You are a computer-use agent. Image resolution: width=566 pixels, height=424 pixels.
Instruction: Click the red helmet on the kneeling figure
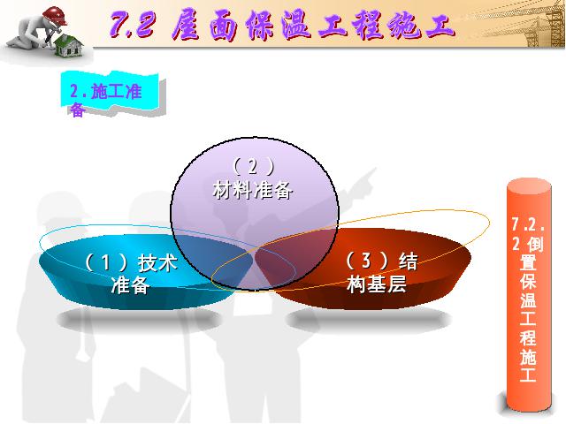[x=55, y=16]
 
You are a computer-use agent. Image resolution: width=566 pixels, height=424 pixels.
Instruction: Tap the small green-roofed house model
[x=69, y=45]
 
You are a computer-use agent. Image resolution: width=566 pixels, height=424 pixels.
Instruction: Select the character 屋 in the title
[x=186, y=25]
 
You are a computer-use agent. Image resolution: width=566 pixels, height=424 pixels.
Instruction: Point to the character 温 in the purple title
[x=296, y=25]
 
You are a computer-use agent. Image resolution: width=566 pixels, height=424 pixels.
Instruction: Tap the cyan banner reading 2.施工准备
[x=110, y=95]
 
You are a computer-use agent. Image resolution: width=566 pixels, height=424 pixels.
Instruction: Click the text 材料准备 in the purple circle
[x=252, y=190]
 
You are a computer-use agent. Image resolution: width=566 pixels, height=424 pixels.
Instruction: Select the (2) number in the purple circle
[x=253, y=166]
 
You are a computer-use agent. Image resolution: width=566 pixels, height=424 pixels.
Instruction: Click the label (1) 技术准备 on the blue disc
[x=131, y=273]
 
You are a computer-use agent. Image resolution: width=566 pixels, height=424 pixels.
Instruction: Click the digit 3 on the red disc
[x=366, y=261]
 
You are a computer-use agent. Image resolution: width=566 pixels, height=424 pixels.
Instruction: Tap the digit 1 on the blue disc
[x=105, y=262]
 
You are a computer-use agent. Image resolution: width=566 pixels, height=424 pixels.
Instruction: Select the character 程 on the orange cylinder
[x=528, y=337]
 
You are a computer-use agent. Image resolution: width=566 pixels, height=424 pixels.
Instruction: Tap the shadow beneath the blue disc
[x=139, y=320]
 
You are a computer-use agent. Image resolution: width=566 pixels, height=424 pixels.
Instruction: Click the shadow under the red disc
[x=368, y=320]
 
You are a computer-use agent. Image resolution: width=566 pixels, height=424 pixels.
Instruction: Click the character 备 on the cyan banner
[x=77, y=110]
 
